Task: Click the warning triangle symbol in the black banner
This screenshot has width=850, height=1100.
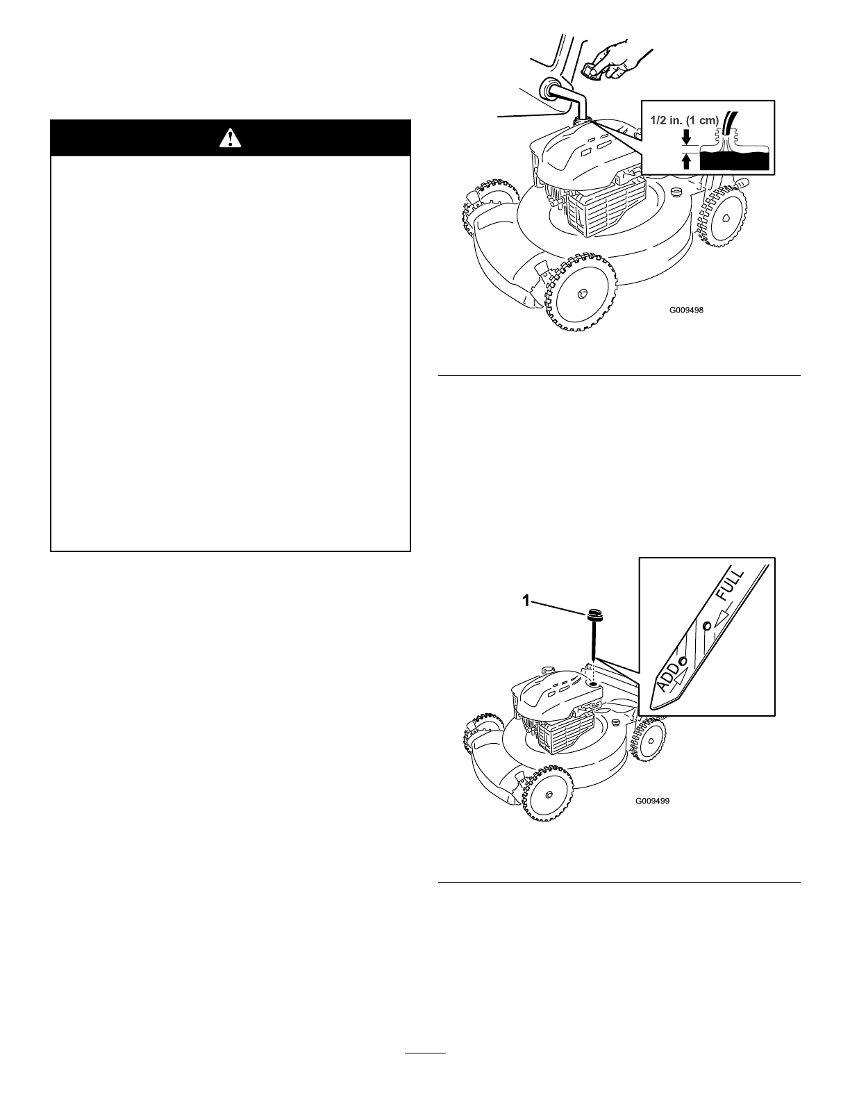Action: (230, 138)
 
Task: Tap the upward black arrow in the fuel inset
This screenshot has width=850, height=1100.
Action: (687, 162)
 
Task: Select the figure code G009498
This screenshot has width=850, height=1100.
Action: (686, 310)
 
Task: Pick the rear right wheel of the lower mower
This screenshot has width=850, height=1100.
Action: (649, 742)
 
